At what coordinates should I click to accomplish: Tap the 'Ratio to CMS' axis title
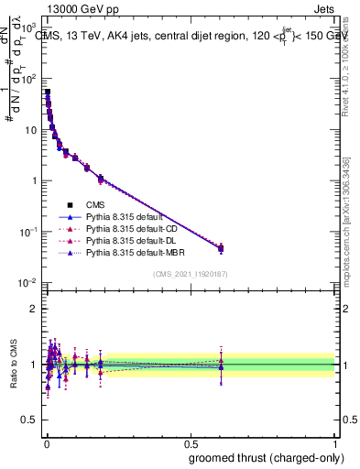tap(13, 364)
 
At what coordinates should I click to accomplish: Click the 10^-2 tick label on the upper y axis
tap(28, 283)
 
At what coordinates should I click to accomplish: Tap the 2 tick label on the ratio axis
tap(33, 308)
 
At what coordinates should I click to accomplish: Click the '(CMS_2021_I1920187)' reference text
tap(191, 274)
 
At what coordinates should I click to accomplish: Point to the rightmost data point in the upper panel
tap(221, 247)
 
